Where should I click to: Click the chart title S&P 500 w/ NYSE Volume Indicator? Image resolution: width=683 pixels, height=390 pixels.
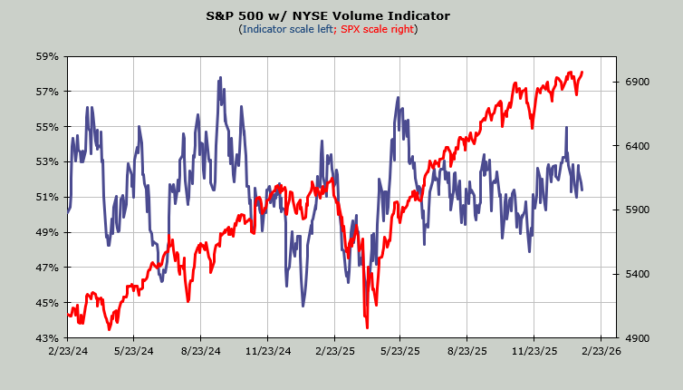341,15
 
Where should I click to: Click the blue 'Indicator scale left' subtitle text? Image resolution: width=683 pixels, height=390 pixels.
287,29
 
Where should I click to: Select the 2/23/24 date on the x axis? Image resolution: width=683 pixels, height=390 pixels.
67,350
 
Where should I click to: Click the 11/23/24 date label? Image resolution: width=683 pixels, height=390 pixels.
268,350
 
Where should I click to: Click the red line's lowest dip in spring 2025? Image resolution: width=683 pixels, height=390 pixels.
367,327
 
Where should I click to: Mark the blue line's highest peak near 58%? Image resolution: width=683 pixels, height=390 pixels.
219,79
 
